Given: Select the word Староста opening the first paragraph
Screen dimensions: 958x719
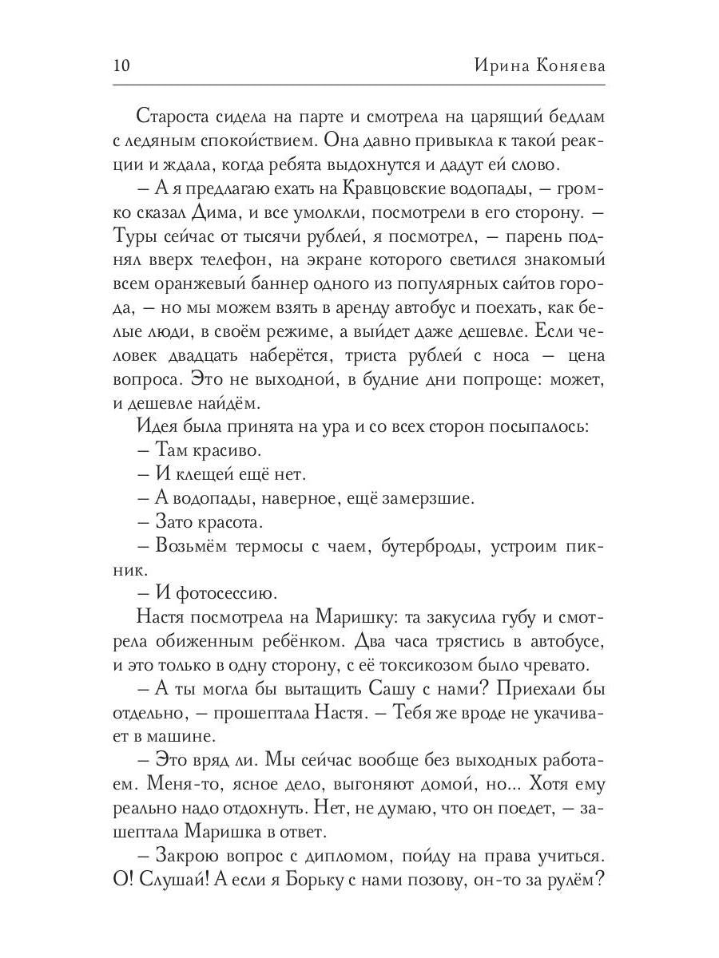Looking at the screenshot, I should [171, 116].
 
